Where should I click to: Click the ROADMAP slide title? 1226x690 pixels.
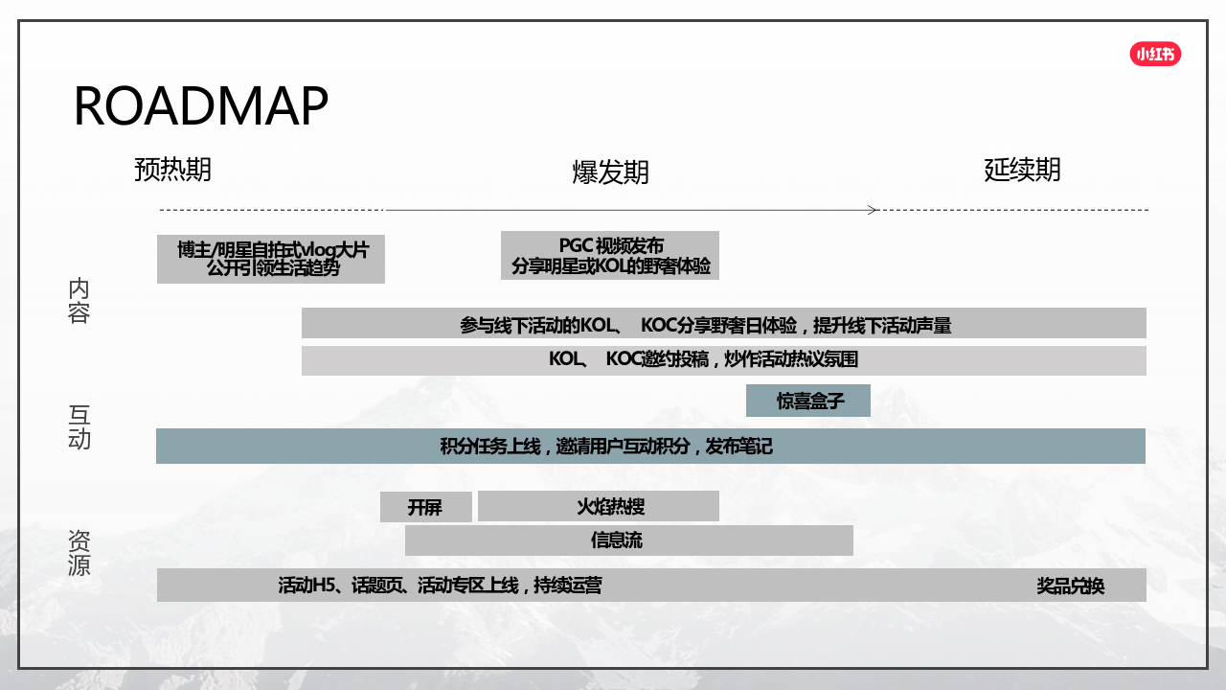point(201,105)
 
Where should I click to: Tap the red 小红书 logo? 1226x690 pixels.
point(1155,54)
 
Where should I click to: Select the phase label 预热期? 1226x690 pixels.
point(173,170)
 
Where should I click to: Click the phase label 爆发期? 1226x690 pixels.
point(611,172)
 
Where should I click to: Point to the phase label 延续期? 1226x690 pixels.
point(1022,170)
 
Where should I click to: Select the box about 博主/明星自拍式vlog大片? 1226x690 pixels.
point(271,259)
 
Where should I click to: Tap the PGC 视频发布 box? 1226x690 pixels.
point(610,255)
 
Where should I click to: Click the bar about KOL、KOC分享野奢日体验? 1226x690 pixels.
point(723,323)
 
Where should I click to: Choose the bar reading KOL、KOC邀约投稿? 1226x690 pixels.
point(723,360)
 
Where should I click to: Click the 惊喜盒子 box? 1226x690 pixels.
point(808,401)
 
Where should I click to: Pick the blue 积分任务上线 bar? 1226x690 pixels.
point(650,447)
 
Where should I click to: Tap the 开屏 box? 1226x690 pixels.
point(426,507)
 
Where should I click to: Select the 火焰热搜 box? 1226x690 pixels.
point(599,506)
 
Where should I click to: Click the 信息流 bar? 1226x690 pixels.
point(629,540)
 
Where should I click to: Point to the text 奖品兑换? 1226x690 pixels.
point(1071,586)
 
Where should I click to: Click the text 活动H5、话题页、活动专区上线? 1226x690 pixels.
point(398,586)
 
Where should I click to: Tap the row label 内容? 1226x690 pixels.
point(79,301)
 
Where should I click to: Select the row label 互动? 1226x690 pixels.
point(79,427)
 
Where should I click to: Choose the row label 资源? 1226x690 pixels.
point(79,553)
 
